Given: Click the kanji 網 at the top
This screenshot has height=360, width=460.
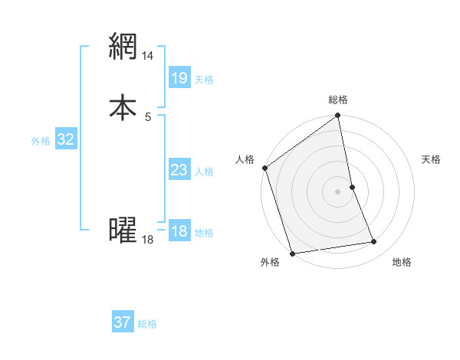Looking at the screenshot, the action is (123, 47).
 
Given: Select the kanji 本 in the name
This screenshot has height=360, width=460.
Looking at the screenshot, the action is (123, 106).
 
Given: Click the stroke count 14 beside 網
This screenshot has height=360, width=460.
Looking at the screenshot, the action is (148, 57).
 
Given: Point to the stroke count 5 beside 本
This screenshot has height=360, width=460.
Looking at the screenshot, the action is (148, 116).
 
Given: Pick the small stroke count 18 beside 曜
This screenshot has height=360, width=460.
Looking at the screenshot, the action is (148, 240).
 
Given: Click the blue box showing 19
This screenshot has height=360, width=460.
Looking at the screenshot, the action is (179, 77).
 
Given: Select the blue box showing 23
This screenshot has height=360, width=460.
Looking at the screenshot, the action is (179, 170).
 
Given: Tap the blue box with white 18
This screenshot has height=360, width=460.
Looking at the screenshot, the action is (179, 231).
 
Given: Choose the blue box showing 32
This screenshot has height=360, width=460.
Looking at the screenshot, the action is (65, 139).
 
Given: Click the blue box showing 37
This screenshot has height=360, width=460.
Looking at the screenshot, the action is (122, 322).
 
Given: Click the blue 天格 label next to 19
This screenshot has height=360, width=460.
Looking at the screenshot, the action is (204, 80).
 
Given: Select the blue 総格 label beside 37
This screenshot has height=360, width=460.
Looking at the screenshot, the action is (147, 325).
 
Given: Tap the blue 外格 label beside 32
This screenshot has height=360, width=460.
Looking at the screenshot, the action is (41, 142).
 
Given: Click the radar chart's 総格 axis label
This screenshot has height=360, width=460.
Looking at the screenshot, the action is (338, 100).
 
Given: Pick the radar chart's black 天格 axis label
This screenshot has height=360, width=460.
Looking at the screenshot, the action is (432, 159).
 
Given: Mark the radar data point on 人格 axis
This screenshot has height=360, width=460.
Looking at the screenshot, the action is (264, 168).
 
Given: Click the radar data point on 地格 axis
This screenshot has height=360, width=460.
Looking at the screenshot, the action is (374, 242).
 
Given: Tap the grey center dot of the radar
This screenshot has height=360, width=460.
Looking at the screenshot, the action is (338, 191).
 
